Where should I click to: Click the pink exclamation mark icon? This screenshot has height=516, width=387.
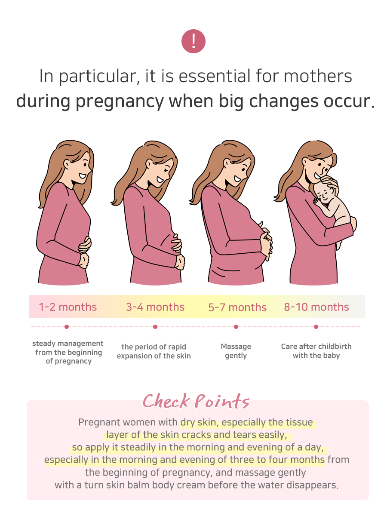(193, 41)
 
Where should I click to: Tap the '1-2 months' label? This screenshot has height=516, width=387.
(68, 307)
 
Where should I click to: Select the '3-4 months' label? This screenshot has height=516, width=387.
(155, 307)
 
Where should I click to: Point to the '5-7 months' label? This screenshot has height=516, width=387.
(237, 307)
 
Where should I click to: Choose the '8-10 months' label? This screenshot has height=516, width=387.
(316, 307)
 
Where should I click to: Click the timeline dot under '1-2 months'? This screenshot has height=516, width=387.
(67, 327)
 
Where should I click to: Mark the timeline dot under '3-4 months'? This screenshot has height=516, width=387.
(155, 327)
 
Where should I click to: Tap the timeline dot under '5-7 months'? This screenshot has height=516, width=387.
(236, 327)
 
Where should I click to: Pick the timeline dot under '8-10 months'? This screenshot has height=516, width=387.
(316, 327)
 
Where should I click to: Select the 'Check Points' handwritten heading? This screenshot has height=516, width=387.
(196, 401)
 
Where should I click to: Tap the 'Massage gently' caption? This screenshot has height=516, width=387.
(236, 351)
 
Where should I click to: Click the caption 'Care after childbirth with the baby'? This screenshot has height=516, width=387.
(316, 351)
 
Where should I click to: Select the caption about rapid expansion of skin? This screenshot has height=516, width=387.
(154, 351)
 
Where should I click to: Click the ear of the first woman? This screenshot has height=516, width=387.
(67, 165)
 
